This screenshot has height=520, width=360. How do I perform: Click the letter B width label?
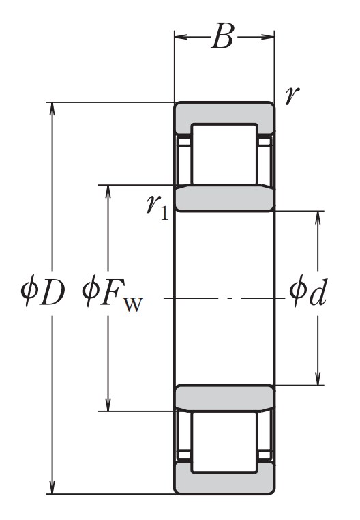point(222,36)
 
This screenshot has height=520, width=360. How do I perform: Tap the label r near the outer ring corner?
point(292,96)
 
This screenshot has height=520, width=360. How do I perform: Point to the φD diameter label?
point(42,291)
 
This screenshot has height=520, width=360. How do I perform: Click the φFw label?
point(112,293)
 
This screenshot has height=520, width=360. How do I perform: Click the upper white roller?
point(224,154)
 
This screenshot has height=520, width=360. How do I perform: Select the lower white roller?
point(224,442)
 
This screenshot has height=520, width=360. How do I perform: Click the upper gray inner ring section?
point(224,199)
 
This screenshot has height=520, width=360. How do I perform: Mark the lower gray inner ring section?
point(224,398)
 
